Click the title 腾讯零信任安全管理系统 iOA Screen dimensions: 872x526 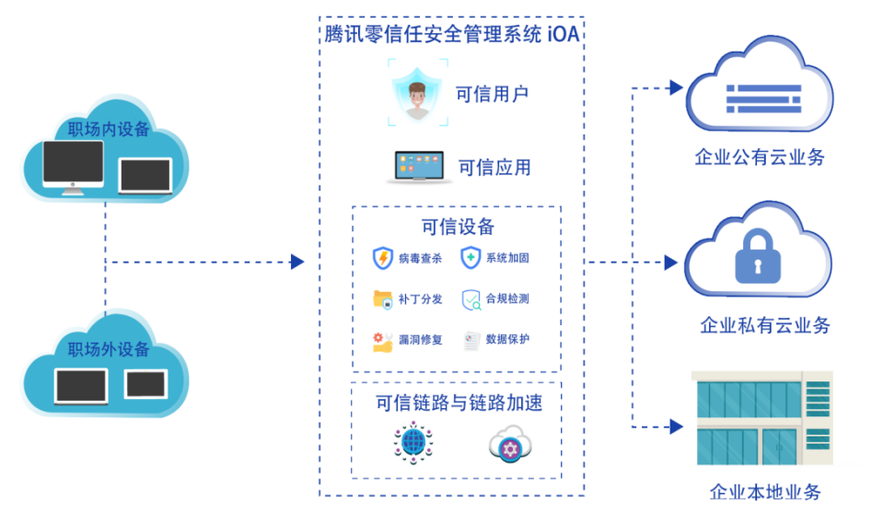click(x=451, y=34)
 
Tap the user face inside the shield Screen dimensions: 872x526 click(x=416, y=99)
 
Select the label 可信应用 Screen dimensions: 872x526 click(x=494, y=167)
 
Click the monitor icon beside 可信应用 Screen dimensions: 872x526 click(x=419, y=167)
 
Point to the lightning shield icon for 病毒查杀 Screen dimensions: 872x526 click(x=383, y=258)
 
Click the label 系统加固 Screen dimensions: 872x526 click(x=507, y=258)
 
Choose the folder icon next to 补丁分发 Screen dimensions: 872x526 click(x=383, y=298)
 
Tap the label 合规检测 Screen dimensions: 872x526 click(x=507, y=298)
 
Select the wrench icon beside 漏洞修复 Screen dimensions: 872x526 click(x=383, y=341)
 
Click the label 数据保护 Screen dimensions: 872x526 click(x=507, y=339)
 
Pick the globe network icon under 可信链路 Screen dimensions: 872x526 click(x=413, y=442)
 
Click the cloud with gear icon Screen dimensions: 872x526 click(x=510, y=444)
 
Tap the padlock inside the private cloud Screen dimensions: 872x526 click(x=758, y=256)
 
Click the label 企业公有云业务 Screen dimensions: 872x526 click(x=760, y=157)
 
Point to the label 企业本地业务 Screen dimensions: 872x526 click(x=765, y=492)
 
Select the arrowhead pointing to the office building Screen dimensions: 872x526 click(x=676, y=427)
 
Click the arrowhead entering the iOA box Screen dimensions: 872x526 click(x=297, y=262)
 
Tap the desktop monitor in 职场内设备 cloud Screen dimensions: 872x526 click(x=74, y=168)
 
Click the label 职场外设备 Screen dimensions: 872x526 click(x=109, y=349)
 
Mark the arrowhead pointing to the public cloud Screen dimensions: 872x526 click(x=676, y=88)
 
